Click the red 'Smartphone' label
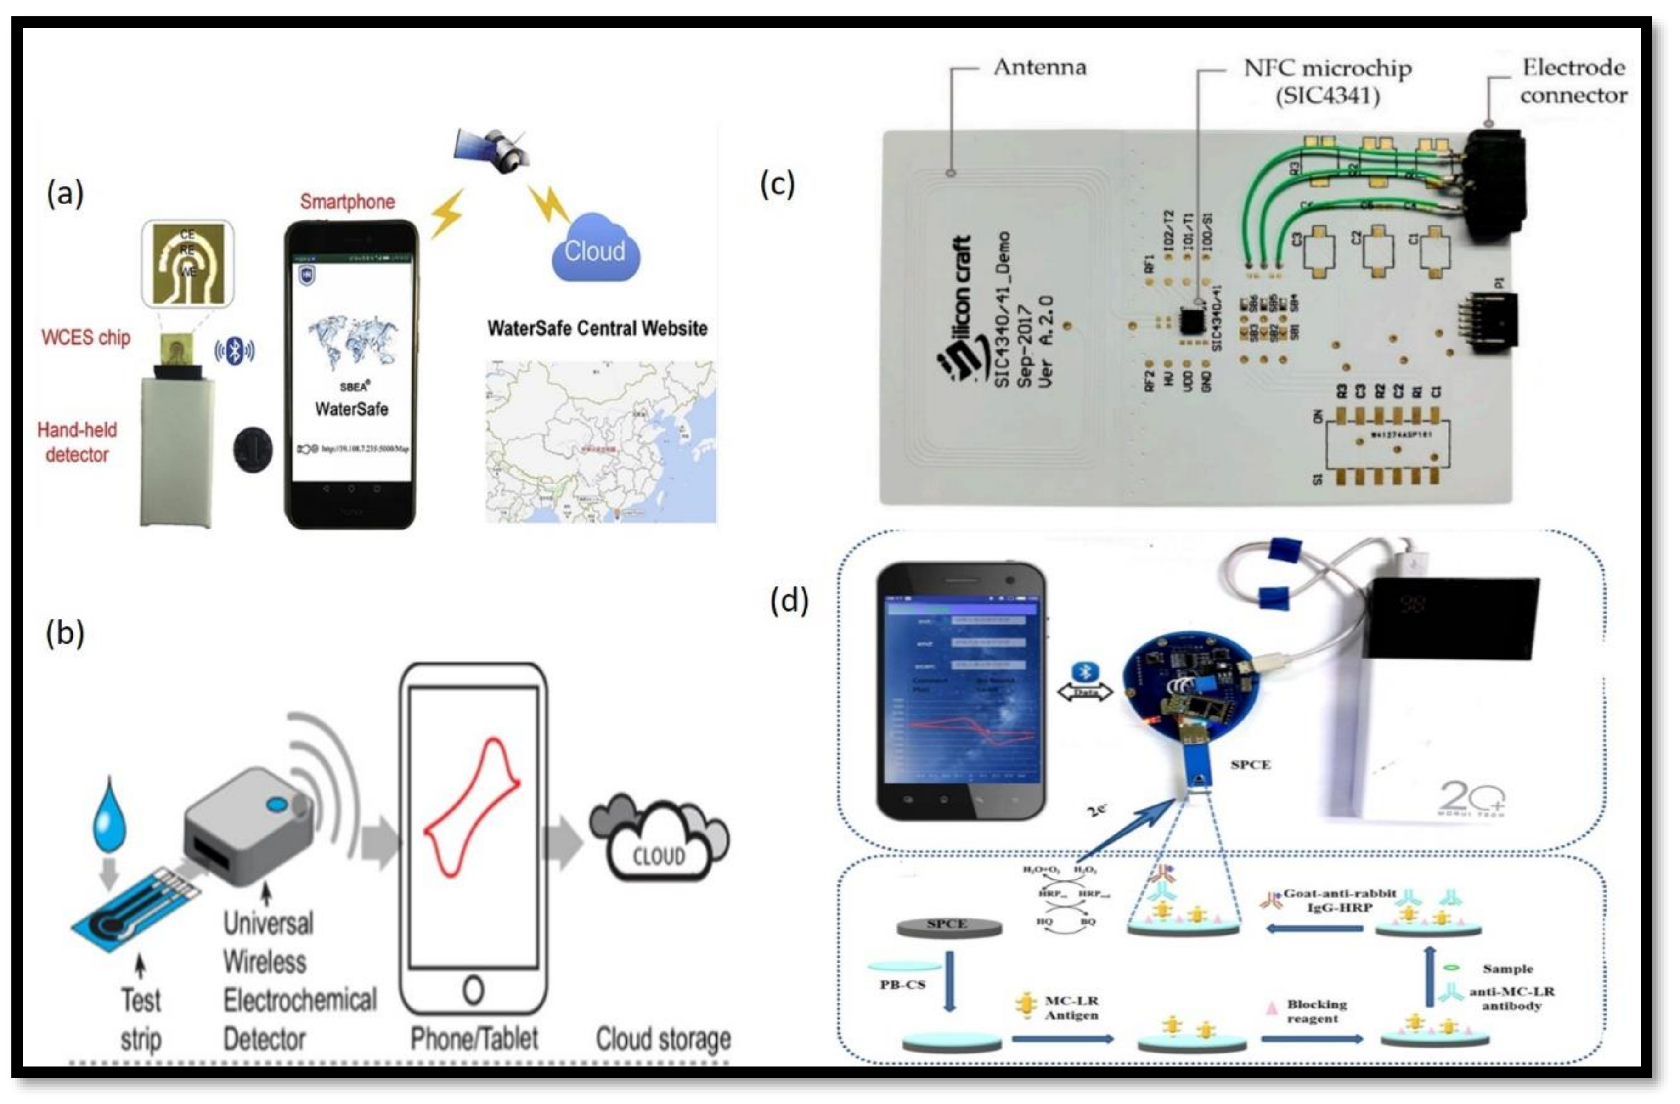point(347,202)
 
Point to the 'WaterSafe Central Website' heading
point(597,328)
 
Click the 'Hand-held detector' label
point(77,442)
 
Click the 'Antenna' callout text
point(1040,68)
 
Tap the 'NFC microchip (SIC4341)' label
point(1327,81)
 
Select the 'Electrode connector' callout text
point(1573,81)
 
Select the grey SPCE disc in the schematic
point(948,926)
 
